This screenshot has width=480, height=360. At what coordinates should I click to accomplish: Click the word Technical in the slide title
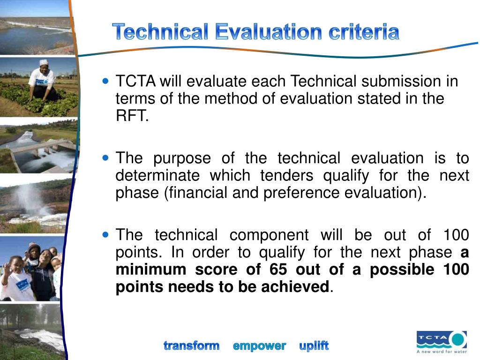[160, 32]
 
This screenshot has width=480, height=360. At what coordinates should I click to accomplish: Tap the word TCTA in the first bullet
[135, 82]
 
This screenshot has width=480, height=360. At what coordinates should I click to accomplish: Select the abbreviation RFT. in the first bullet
[132, 116]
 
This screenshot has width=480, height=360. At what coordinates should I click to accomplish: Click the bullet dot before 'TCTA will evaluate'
[105, 81]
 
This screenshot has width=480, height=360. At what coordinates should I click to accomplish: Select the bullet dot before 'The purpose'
[105, 158]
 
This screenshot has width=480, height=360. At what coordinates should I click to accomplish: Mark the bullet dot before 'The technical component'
[105, 234]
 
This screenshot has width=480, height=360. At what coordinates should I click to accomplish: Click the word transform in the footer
[191, 346]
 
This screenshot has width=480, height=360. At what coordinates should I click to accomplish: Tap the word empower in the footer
[259, 346]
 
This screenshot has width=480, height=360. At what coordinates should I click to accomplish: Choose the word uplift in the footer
[314, 346]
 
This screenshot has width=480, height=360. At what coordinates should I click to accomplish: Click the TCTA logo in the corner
[441, 339]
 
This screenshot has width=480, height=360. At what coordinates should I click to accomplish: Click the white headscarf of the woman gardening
[44, 62]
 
